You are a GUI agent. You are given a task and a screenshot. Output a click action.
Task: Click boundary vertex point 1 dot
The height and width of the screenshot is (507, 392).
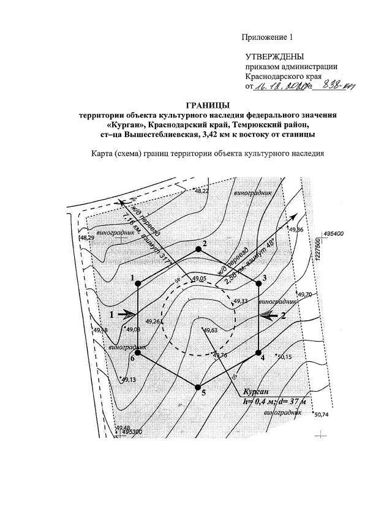click(138, 283)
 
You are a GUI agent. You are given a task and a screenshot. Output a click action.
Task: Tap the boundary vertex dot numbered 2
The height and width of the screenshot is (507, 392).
click(198, 249)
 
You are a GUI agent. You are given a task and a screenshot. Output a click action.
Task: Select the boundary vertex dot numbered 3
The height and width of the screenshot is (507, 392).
click(257, 283)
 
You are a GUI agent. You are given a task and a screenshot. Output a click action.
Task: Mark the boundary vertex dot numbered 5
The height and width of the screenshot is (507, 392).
click(197, 387)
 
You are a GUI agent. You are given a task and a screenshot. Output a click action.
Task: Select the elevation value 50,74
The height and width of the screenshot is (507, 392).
click(321, 415)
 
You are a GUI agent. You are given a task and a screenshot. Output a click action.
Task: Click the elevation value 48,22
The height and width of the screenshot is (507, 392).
click(202, 192)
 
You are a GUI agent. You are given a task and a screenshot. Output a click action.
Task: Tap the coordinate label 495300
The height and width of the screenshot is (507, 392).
click(132, 432)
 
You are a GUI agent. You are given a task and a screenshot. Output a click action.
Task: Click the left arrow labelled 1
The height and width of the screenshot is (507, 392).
click(125, 314)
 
